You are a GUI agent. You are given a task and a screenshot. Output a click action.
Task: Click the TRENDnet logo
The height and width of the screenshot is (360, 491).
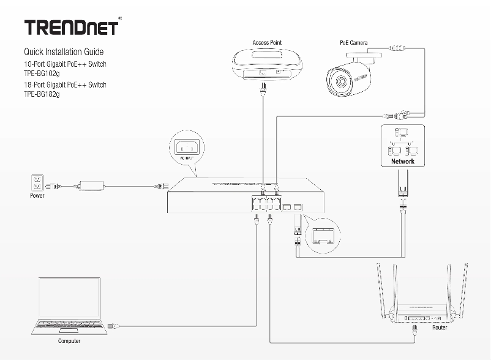(x=70, y=28)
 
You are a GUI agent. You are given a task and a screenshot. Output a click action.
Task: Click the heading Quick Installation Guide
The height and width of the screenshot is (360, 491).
(x=63, y=52)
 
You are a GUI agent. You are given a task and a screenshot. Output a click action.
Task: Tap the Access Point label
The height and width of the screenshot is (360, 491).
(x=267, y=43)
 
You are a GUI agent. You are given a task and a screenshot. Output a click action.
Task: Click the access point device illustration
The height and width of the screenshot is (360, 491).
(x=267, y=64)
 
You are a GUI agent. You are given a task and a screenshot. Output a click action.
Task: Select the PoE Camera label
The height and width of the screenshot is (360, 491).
(x=353, y=43)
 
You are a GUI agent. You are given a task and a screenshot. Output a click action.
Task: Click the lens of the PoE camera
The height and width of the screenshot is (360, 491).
(x=337, y=80)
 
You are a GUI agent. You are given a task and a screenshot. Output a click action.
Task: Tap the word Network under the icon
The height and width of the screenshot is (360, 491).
(x=403, y=162)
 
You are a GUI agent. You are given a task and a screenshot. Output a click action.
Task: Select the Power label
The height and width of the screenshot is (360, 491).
(x=37, y=197)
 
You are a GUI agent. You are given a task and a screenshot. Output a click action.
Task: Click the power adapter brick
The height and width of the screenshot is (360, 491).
(x=90, y=183)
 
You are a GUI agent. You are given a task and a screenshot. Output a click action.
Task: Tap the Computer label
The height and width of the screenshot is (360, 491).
(x=69, y=341)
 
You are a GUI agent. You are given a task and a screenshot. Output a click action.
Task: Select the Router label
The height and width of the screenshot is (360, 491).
(x=440, y=328)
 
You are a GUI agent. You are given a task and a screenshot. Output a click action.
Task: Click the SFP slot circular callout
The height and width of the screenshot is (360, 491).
(x=323, y=235)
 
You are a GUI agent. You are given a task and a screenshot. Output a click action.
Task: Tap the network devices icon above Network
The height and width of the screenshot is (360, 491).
(x=402, y=142)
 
